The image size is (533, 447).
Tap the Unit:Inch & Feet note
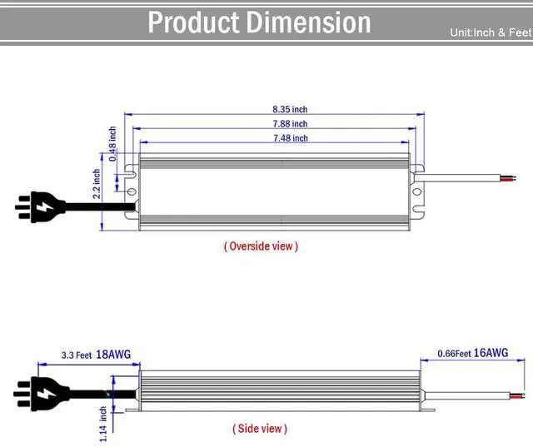[x=490, y=33]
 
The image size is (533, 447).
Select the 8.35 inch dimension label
[x=289, y=109]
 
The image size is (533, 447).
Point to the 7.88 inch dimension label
[x=289, y=124]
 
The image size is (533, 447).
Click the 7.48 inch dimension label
[x=289, y=138]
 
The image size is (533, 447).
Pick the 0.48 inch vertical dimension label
[x=112, y=143]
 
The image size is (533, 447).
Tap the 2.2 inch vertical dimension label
[x=97, y=185]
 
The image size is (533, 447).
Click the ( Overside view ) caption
[x=261, y=246]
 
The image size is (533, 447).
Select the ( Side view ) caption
[x=259, y=429]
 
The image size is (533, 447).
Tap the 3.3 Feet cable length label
[x=76, y=355]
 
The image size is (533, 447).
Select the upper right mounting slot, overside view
[x=418, y=171]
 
